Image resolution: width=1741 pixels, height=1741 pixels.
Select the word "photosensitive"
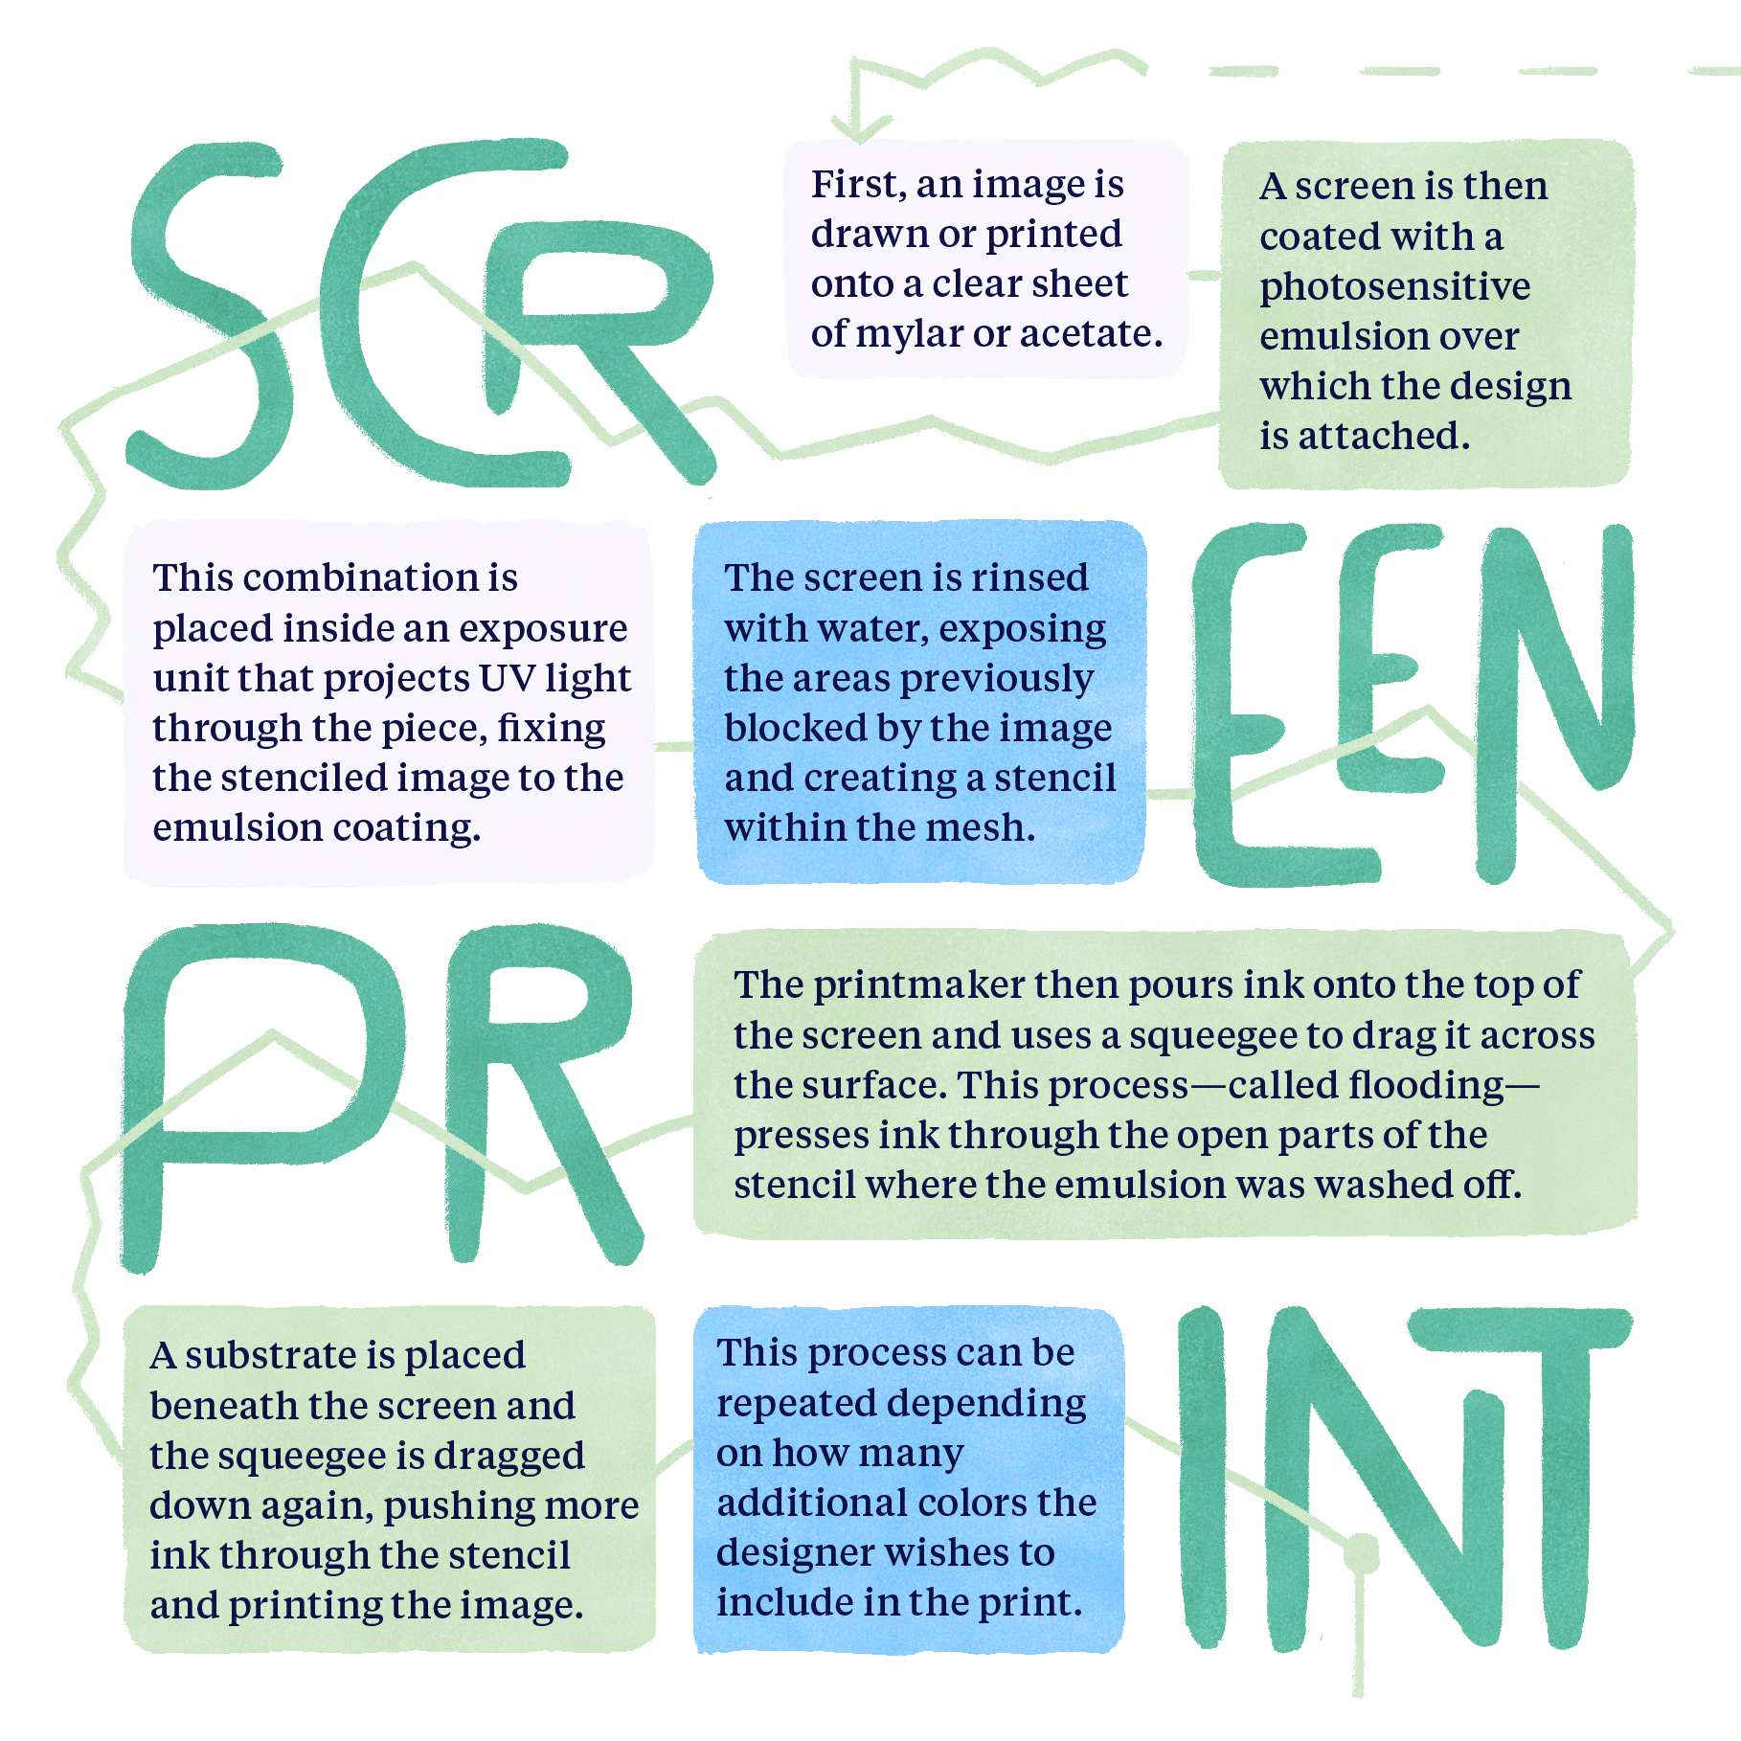1394,287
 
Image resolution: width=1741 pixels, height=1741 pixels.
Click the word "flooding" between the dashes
1426,1085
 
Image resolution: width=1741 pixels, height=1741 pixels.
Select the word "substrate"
271,1355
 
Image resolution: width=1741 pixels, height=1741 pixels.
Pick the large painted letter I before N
1203,1475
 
